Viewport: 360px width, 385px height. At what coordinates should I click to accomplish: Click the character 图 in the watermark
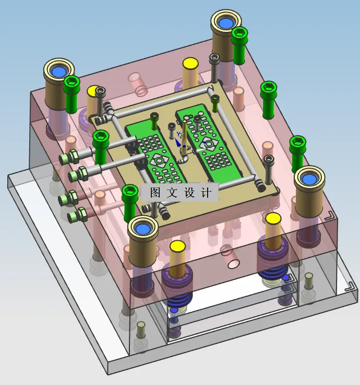pos(155,192)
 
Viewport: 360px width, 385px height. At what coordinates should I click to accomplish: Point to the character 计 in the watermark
pos(206,192)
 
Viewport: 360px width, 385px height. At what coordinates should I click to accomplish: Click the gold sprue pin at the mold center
pos(184,137)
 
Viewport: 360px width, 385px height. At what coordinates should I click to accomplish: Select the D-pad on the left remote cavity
pos(159,161)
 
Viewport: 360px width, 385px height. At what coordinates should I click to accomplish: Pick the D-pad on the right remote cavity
pos(209,145)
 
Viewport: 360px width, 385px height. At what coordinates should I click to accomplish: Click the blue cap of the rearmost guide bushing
pos(225,24)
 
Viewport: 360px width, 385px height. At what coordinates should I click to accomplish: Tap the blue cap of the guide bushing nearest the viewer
pos(142,229)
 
